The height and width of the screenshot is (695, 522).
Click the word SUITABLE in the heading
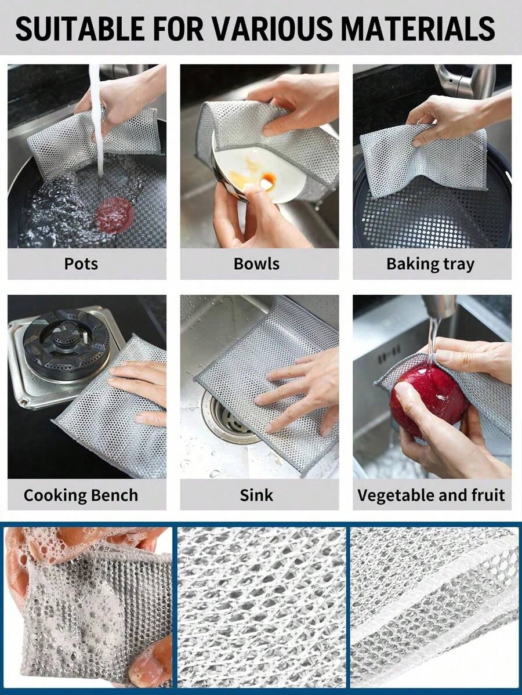click(x=80, y=28)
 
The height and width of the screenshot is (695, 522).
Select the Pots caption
click(x=81, y=263)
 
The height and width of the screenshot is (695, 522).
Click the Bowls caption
click(x=256, y=263)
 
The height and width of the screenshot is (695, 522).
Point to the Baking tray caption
click(x=430, y=264)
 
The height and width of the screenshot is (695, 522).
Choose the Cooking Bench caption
click(x=81, y=495)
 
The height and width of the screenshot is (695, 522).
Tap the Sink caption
click(x=256, y=495)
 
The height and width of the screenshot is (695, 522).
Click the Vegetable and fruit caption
click(x=431, y=495)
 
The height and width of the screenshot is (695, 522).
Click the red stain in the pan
click(x=115, y=215)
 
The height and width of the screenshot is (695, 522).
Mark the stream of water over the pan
click(x=97, y=120)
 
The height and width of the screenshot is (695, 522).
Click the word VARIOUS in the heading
click(x=272, y=28)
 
